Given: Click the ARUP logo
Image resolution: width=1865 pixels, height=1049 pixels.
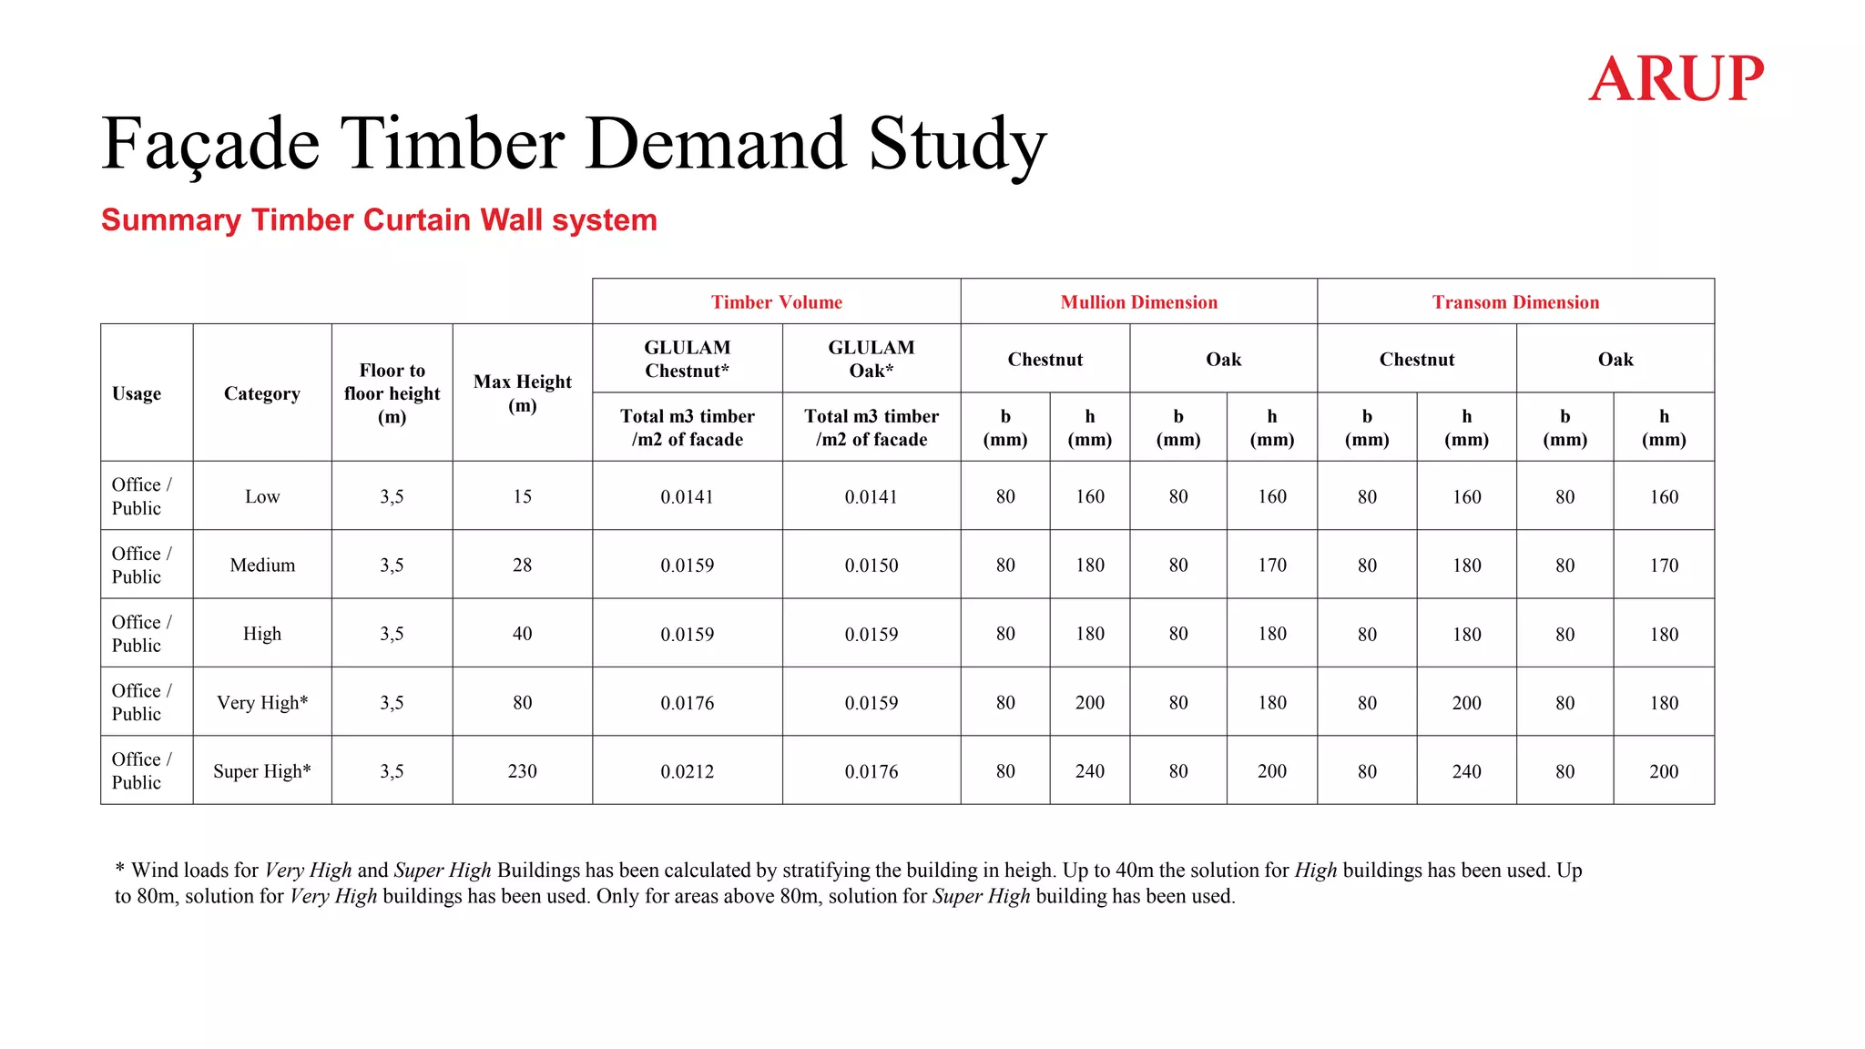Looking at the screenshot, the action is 1676,78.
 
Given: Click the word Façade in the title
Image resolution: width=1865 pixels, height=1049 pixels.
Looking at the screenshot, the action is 210,144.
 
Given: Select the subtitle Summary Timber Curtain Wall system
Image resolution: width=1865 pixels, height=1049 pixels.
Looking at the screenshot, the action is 379,220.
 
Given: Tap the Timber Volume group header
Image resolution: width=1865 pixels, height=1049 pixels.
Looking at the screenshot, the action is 776,302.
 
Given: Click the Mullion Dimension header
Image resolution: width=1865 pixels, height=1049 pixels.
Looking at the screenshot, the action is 1138,302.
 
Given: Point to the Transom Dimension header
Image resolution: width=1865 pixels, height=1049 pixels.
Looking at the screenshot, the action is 1515,302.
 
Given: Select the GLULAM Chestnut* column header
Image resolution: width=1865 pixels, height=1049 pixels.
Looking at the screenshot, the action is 687,359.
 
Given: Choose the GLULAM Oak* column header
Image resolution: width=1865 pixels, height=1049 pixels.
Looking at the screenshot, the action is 871,359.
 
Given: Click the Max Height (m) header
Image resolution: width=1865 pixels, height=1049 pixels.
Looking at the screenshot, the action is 522,392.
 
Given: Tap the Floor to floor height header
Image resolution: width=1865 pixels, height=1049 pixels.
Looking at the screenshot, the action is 392,393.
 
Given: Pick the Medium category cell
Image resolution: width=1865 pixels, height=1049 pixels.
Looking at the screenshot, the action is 262,565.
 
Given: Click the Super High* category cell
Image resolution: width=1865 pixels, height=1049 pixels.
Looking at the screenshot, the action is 262,771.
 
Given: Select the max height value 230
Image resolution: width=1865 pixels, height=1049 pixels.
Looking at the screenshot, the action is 522,771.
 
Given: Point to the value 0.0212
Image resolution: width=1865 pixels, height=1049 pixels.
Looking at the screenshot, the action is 687,771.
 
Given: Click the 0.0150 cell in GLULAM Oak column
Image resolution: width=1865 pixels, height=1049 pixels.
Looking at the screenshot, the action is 871,565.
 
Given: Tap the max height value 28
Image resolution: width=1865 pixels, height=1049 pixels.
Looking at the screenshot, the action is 522,565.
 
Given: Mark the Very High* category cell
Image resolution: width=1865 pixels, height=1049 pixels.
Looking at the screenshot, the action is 262,702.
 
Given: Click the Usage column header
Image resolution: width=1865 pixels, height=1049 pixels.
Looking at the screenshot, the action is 137,393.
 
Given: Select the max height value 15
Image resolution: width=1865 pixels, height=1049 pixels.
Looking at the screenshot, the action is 522,496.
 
